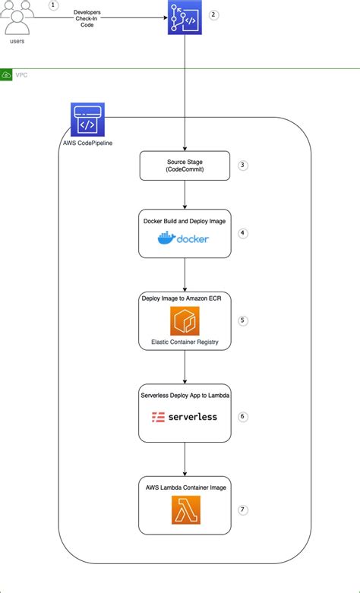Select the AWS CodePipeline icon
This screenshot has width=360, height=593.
coord(87,120)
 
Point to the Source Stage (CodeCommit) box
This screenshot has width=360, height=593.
coord(185,166)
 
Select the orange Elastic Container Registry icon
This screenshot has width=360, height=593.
coord(185,321)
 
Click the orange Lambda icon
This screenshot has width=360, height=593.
coord(185,510)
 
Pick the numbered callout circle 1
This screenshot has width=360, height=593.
coord(53,5)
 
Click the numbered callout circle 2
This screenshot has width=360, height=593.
coord(213,14)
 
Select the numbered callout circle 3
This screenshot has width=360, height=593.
coord(242,164)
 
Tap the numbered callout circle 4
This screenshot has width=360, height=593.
coord(243,233)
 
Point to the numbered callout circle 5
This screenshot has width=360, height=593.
coord(243,320)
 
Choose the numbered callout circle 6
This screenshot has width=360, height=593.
coord(243,416)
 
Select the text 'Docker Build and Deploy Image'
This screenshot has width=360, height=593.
coord(185,220)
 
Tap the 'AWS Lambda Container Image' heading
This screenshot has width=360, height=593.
coord(185,487)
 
